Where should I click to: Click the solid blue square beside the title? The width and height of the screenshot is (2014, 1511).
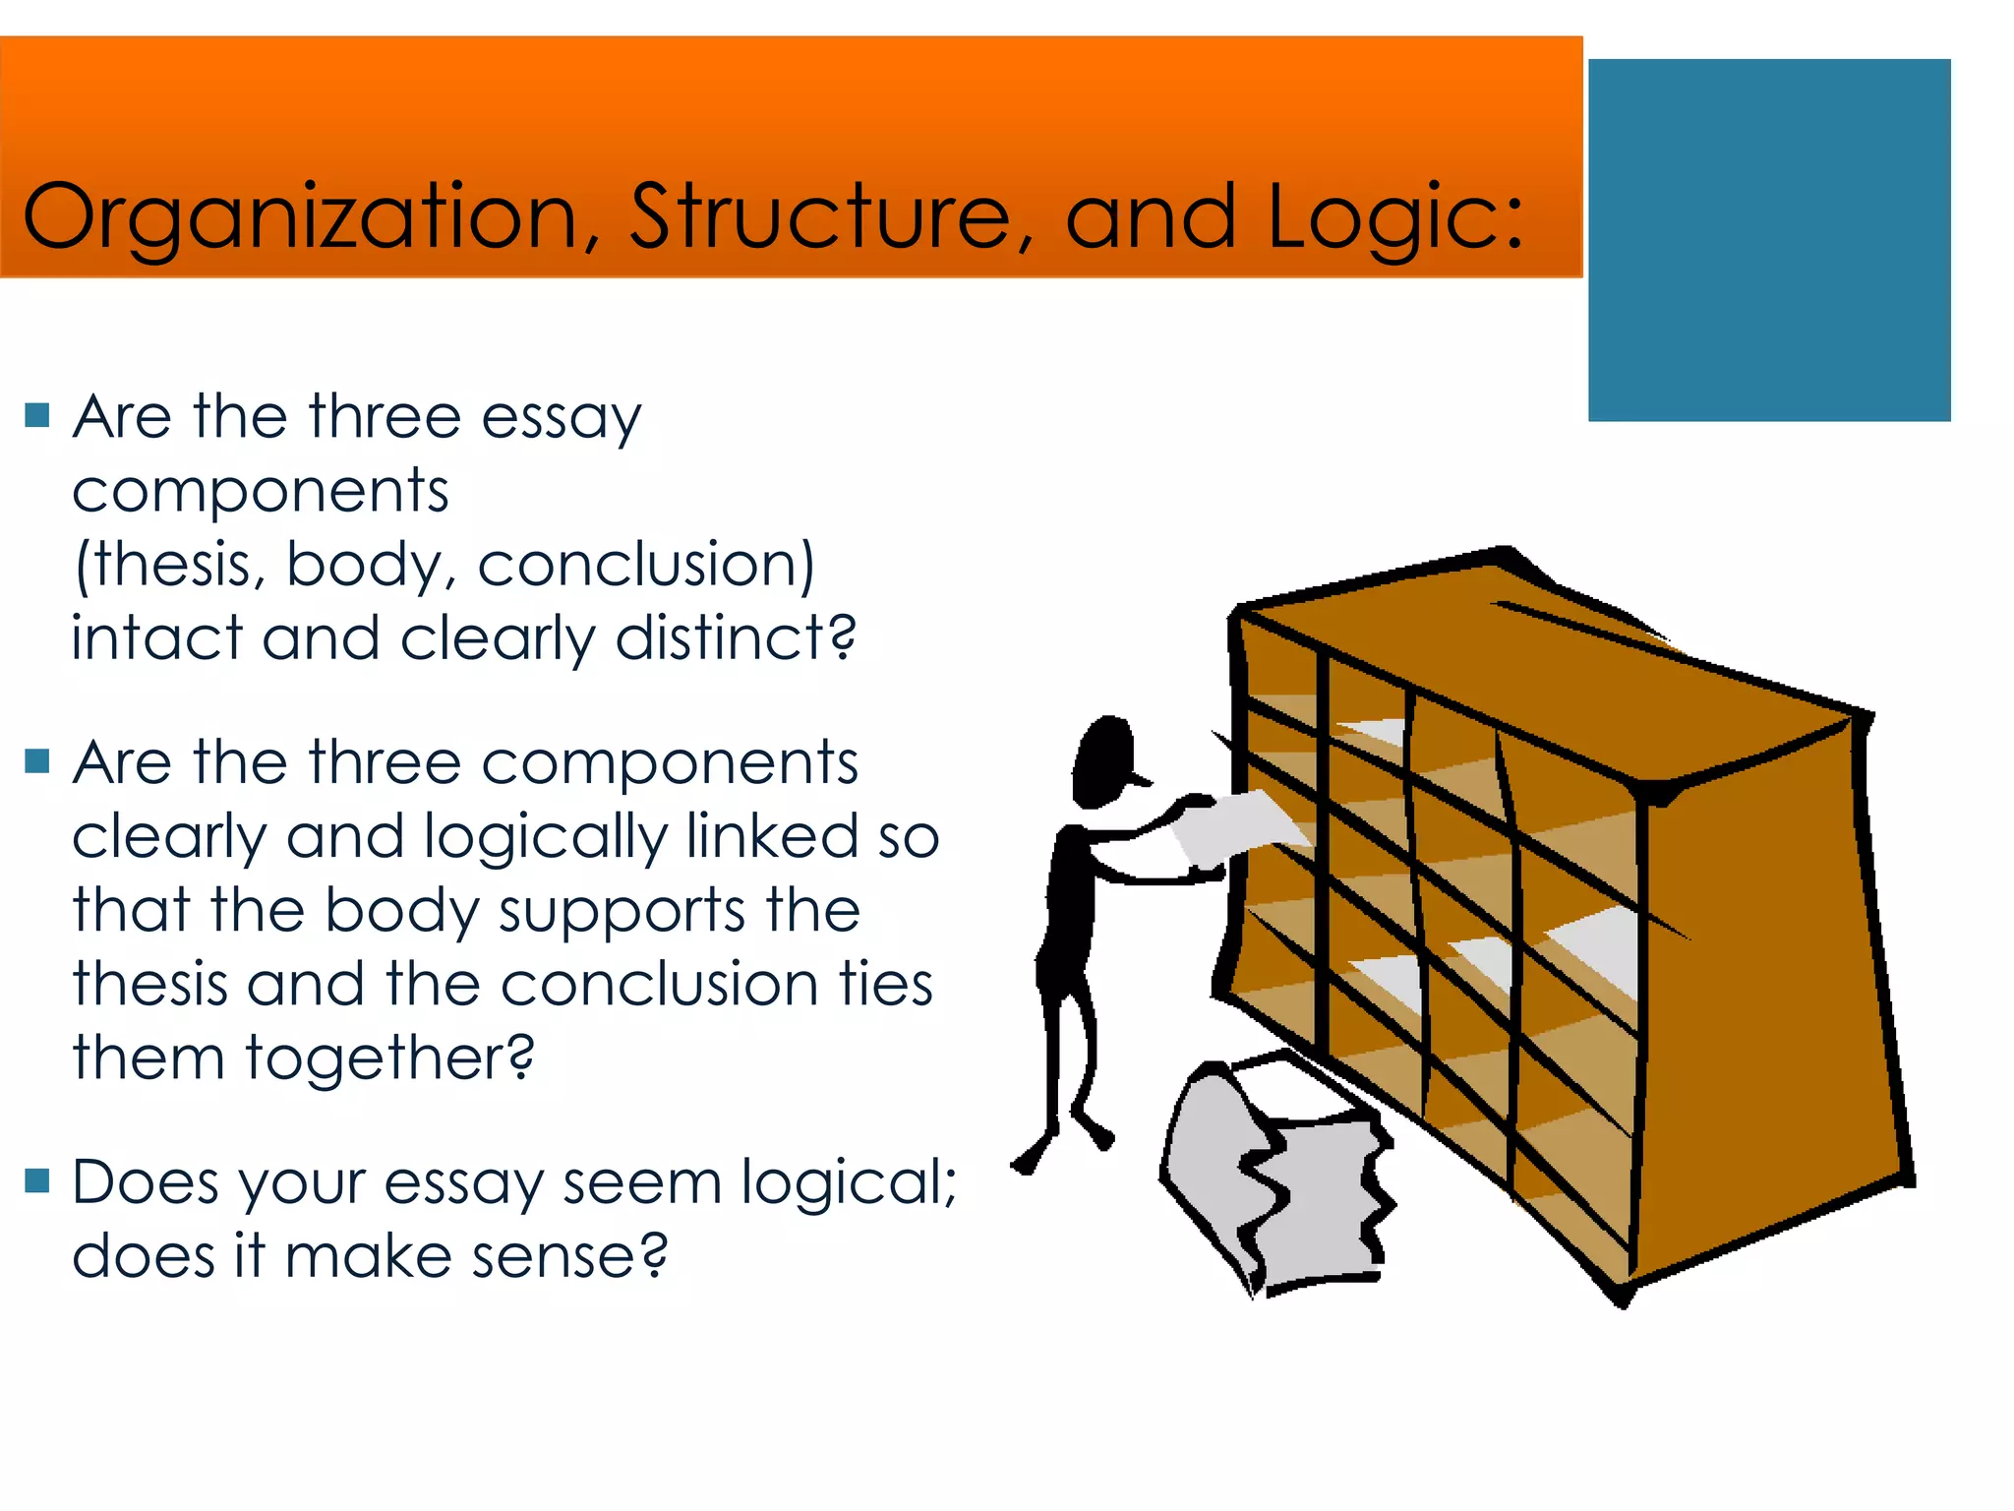(x=1768, y=240)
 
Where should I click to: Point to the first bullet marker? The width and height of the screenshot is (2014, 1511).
(x=37, y=415)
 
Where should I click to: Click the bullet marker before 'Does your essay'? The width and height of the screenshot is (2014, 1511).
(x=37, y=1179)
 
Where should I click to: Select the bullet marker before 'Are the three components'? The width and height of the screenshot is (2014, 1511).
(x=37, y=760)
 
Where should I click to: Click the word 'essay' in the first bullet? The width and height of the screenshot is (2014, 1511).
(x=561, y=419)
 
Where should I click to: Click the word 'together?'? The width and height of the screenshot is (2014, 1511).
(x=389, y=1059)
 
